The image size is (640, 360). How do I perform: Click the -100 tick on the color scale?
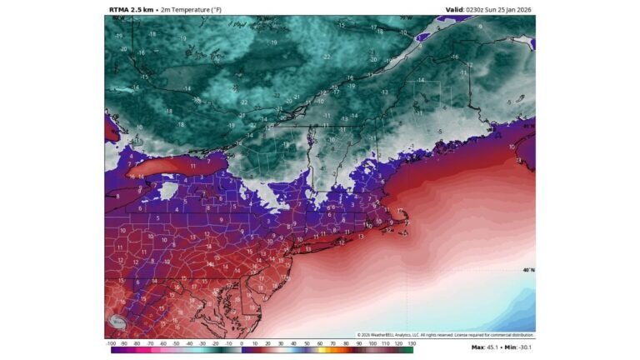tap(111, 342)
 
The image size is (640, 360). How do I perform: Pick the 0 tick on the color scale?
tap(242, 342)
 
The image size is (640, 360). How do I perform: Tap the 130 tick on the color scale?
tap(411, 342)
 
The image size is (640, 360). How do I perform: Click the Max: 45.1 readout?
tap(487, 347)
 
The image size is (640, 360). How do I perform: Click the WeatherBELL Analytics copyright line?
tap(446, 335)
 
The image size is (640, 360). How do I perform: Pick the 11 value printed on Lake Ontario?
tap(192, 167)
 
